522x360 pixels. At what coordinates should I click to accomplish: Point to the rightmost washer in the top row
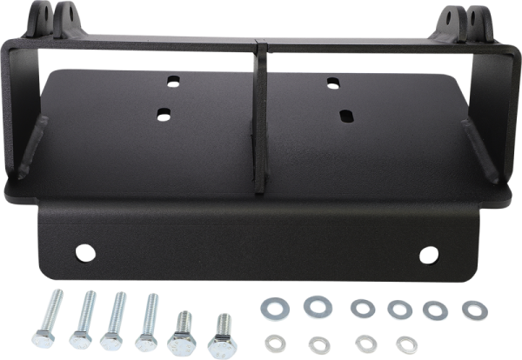(470, 308)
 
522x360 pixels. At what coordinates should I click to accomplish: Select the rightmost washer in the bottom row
(402, 342)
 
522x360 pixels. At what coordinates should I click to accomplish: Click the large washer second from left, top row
(313, 305)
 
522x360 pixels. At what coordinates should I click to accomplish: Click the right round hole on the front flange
(429, 254)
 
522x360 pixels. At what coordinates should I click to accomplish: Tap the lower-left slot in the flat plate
(162, 112)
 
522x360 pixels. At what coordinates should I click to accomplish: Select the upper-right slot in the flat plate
(333, 83)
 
